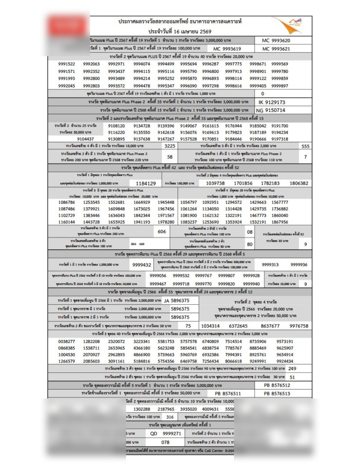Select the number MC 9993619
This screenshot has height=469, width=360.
pos(227,49)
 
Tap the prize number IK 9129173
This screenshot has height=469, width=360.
pos(272,102)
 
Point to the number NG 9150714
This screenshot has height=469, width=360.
pos(270,110)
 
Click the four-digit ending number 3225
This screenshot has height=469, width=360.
pos(170,146)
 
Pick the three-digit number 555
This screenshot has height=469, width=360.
pos(305,146)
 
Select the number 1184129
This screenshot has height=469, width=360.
pos(146,183)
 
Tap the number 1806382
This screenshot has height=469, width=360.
pos(299,183)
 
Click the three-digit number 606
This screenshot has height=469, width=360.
pos(162,232)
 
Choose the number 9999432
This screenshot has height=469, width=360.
pos(142,265)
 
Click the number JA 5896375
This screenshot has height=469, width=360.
pos(177,301)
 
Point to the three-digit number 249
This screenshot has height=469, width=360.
pos(292,368)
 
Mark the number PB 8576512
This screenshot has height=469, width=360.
pos(277,385)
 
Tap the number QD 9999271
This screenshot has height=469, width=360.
pos(166,434)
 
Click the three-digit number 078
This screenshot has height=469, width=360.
pos(165,442)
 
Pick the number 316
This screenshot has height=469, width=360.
pos(170,417)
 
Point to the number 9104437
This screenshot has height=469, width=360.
pos(85,139)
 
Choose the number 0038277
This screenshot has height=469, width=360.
pos(67,342)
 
